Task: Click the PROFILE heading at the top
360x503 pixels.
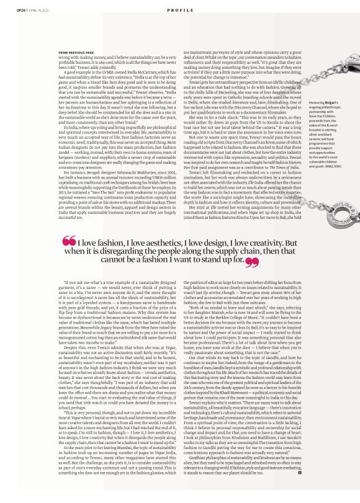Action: [x=179, y=11]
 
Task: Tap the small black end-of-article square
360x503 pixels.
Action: [x=299, y=489]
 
